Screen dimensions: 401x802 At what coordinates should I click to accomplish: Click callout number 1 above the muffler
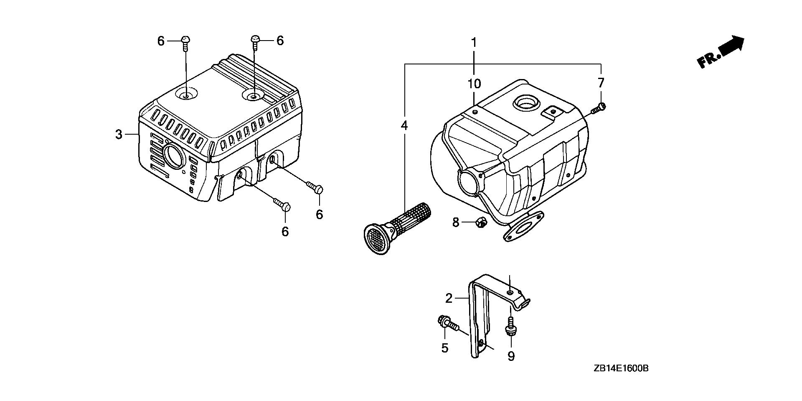pyautogui.click(x=474, y=42)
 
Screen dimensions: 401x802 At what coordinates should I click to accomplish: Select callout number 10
pyautogui.click(x=474, y=84)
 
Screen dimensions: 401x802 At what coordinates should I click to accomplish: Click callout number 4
pyautogui.click(x=404, y=125)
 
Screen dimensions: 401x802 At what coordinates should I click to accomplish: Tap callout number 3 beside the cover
pyautogui.click(x=119, y=135)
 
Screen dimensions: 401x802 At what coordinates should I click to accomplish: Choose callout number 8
pyautogui.click(x=455, y=222)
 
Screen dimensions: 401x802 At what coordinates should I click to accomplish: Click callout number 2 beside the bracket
pyautogui.click(x=449, y=298)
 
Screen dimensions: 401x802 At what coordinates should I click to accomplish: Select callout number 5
pyautogui.click(x=444, y=347)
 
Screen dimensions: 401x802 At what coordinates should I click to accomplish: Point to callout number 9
pyautogui.click(x=511, y=356)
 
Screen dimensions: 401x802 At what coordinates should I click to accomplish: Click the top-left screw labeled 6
pyautogui.click(x=186, y=41)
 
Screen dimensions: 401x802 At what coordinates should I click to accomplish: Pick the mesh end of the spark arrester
pyautogui.click(x=376, y=238)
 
